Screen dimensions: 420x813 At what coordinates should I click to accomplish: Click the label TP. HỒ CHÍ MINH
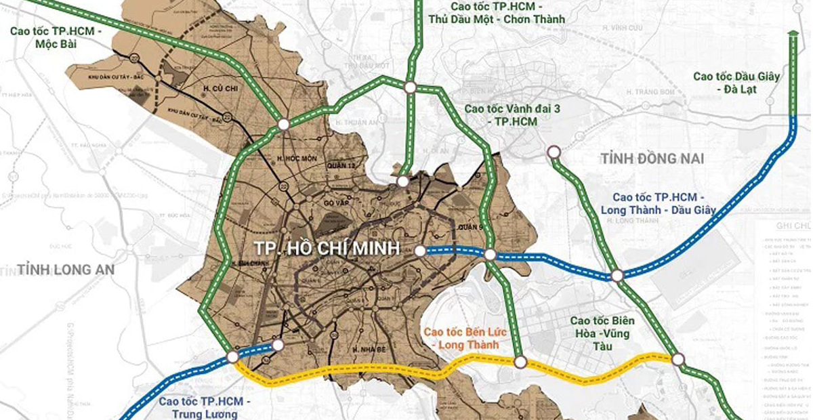point(327,248)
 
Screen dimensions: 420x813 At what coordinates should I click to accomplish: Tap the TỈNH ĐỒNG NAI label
point(652,159)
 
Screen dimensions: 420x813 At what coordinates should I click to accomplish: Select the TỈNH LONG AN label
point(66,268)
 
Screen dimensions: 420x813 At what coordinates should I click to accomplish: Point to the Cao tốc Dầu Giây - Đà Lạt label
point(737,83)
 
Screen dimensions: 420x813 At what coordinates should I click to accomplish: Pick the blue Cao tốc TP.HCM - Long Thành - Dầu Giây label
point(658,203)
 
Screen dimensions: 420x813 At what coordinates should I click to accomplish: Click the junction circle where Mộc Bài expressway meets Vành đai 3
point(283,124)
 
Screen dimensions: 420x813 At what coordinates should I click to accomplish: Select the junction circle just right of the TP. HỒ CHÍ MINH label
point(420,251)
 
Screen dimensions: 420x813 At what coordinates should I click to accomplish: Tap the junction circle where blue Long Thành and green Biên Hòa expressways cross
point(617,275)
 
